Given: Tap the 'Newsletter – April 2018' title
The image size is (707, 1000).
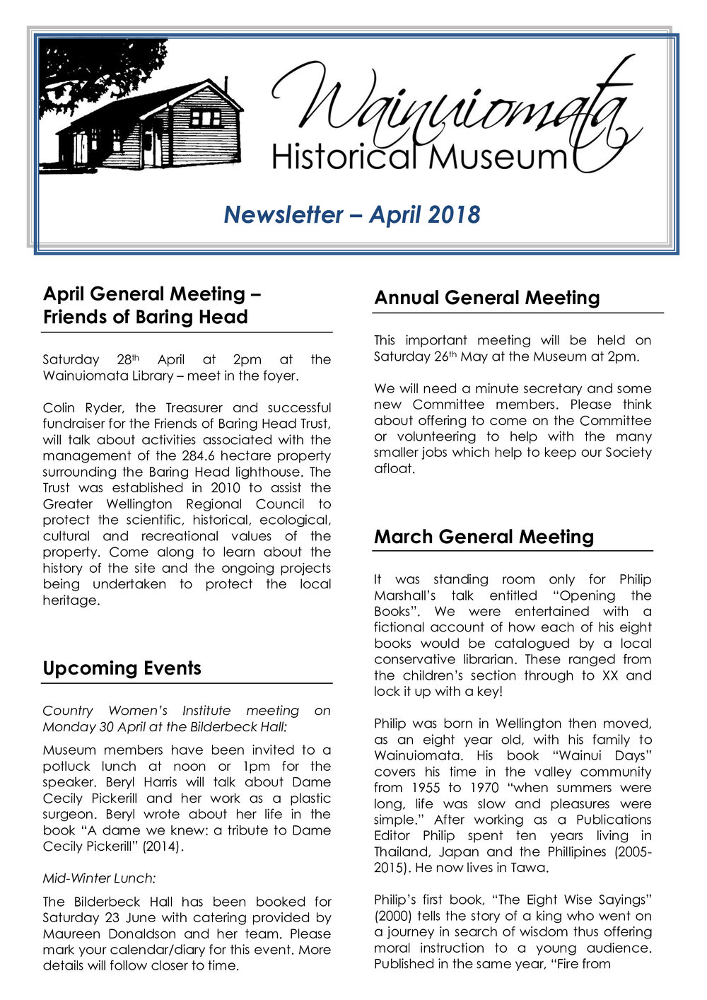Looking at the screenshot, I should click(x=352, y=214).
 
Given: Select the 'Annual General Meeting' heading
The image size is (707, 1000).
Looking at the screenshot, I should click(x=486, y=298).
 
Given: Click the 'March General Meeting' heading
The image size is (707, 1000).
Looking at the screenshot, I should click(x=484, y=537).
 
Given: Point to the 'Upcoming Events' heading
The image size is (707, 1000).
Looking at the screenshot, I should click(x=122, y=668).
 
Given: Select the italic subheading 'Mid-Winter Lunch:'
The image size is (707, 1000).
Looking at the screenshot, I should click(x=99, y=878).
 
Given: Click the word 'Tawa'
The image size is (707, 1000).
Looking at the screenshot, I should click(x=528, y=868).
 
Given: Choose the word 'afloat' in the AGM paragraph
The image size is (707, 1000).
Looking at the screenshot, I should click(x=394, y=468).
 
